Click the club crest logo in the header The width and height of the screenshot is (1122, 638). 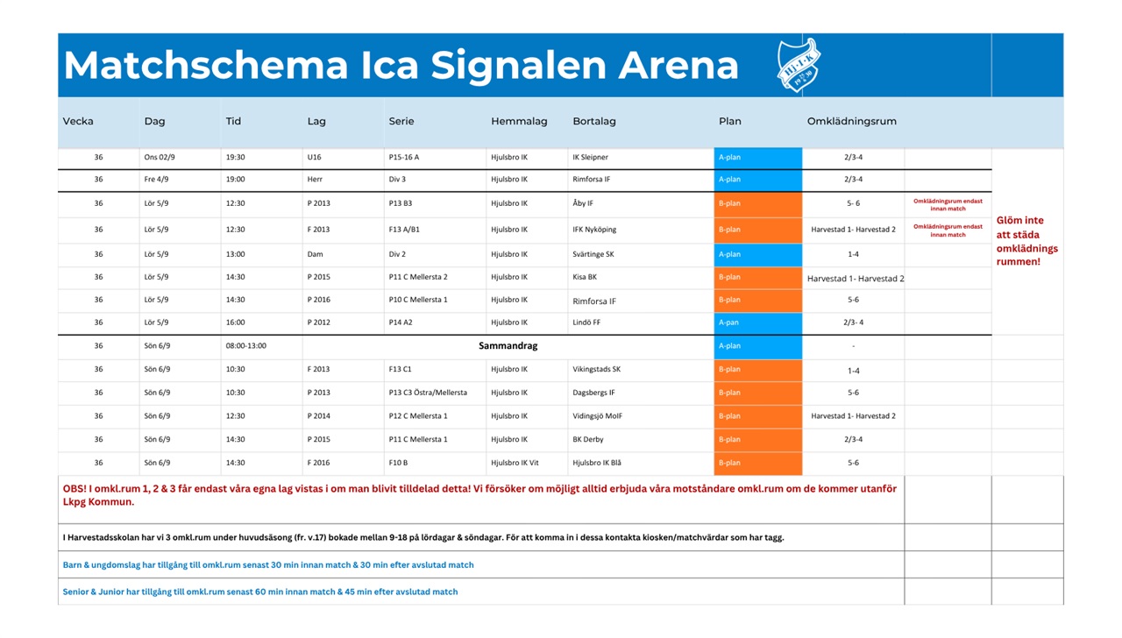799,65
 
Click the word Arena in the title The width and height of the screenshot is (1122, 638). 678,65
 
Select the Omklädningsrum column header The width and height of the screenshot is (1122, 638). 851,121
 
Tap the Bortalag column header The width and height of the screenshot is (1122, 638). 594,121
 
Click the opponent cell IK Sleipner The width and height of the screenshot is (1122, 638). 590,157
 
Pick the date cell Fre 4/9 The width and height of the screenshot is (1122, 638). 156,180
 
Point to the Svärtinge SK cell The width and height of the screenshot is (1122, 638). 593,254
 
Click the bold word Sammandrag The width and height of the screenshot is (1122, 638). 508,345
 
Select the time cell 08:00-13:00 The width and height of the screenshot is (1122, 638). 246,346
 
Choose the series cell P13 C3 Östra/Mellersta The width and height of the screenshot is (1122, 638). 428,393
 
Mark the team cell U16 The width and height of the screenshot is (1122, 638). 314,157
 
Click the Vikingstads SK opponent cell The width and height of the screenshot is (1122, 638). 597,370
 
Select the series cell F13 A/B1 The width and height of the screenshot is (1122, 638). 404,230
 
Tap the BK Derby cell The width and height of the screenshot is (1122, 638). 588,440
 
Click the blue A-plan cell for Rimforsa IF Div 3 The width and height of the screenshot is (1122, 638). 758,180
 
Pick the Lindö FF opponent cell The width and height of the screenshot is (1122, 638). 586,323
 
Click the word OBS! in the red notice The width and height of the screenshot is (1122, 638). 75,489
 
